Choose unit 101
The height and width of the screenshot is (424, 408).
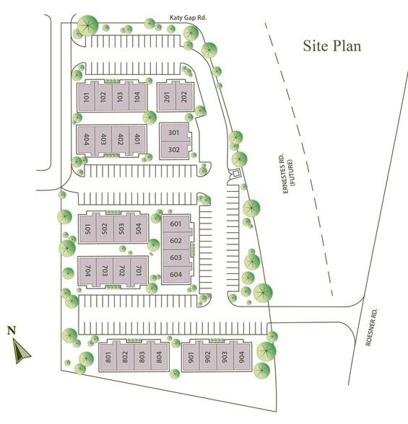[x=87, y=98]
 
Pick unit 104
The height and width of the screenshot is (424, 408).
[x=136, y=98]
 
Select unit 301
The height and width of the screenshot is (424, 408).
[x=173, y=133]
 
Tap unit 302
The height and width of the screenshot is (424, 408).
[x=173, y=150]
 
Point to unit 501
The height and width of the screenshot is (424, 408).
[x=87, y=231]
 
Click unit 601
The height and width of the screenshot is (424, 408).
[x=175, y=224]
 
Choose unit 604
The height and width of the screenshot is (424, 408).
[x=175, y=274]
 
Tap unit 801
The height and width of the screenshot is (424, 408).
[x=108, y=356]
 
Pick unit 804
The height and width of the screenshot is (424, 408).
[x=159, y=356]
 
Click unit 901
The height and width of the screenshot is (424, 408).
[x=191, y=356]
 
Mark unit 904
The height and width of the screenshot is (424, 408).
[x=241, y=356]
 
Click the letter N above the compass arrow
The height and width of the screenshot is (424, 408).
[x=11, y=331]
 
